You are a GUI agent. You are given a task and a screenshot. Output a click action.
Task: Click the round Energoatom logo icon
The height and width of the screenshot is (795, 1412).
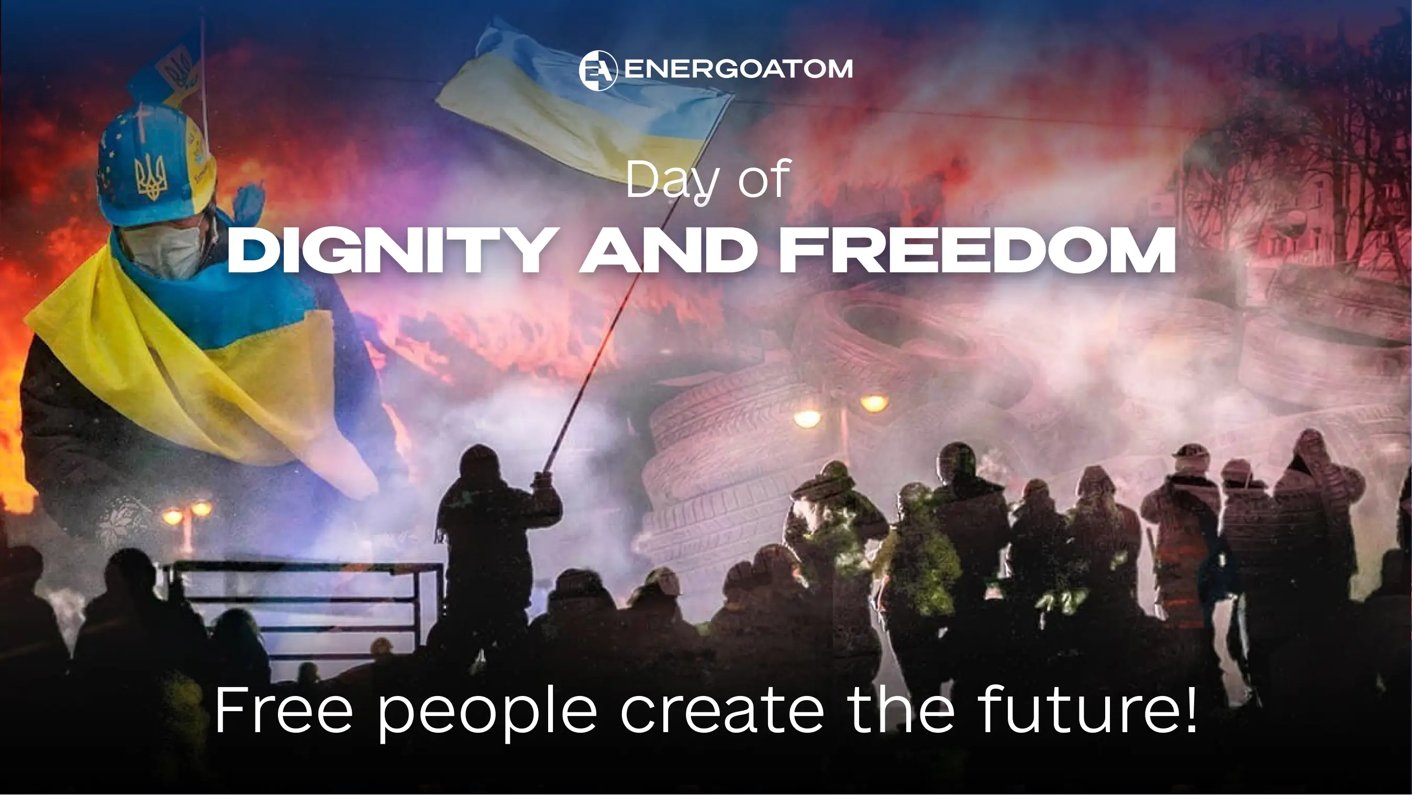598,70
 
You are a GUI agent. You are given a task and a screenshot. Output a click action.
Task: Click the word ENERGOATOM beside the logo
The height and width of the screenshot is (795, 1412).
738,69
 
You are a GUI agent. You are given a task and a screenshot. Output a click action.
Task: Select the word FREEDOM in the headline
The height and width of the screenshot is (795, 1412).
978,250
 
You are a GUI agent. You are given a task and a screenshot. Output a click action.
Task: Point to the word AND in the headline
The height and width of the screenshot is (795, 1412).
669,250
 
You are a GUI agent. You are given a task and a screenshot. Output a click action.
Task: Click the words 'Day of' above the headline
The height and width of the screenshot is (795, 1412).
708,180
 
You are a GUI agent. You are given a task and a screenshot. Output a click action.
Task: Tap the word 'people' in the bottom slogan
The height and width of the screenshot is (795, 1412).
487,711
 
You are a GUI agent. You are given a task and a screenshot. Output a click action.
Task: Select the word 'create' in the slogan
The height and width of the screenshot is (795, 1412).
722,711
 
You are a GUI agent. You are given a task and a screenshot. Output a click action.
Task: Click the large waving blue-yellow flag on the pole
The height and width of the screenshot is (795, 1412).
584,102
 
